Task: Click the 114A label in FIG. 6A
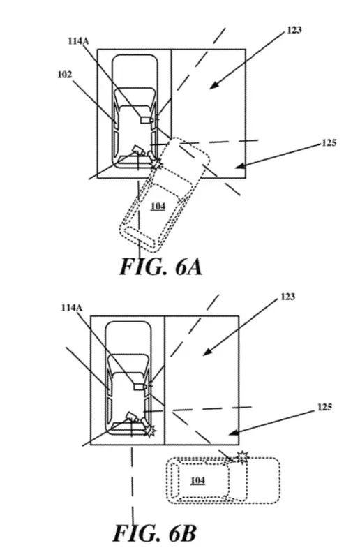point(78,41)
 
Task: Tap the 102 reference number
point(65,75)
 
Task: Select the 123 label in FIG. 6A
point(294,30)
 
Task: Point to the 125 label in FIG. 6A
point(329,143)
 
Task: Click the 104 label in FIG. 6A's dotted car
point(158,206)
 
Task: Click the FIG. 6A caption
point(161,267)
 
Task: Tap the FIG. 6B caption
point(154,533)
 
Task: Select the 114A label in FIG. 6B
point(71,308)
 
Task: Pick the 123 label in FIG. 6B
point(287,297)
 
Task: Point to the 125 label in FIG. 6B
point(324,407)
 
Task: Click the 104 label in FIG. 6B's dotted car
point(197,481)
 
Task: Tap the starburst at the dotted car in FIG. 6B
point(243,456)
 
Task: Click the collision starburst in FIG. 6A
point(156,164)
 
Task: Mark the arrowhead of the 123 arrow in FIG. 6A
point(212,86)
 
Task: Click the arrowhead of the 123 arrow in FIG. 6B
point(206,352)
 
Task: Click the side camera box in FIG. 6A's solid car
point(146,121)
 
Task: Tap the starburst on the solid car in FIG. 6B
point(151,431)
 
